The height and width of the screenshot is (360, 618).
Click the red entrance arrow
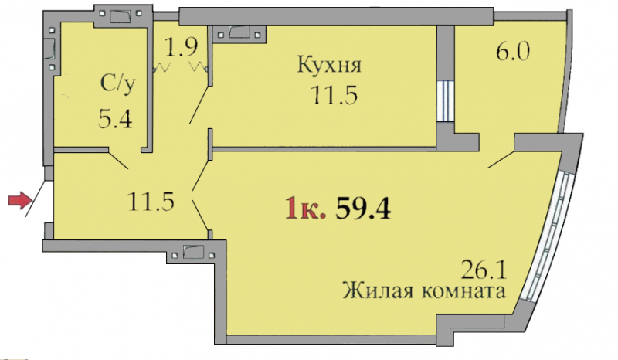coord(20,200)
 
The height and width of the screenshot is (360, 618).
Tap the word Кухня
coord(329,65)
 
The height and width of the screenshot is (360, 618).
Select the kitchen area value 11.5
coord(334,95)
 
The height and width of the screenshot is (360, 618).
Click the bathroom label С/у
coord(118,84)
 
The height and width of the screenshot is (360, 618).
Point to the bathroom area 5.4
coord(115,119)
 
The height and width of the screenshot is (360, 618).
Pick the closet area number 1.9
coord(181,47)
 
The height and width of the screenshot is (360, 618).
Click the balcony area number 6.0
coord(513,51)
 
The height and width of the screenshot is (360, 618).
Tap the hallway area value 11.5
coord(151,201)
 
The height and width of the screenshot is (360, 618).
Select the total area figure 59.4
coord(363,208)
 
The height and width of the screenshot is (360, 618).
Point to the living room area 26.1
coord(484,270)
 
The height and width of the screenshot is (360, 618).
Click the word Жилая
coord(378,291)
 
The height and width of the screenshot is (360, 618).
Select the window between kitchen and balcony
coord(446,101)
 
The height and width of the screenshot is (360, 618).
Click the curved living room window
coord(548,236)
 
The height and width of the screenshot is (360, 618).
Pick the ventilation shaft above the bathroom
coord(121,15)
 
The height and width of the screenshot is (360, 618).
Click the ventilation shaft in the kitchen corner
coord(239,33)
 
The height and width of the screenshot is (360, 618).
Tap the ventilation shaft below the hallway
coord(193,253)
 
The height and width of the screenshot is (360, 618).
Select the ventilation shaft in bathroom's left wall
coord(51,48)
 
